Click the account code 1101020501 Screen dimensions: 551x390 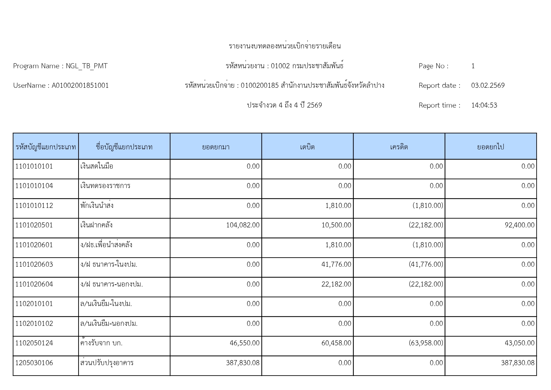coord(34,225)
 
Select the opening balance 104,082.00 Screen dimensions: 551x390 coord(243,225)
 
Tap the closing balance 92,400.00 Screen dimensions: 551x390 coord(519,225)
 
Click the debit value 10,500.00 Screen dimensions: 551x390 coord(336,225)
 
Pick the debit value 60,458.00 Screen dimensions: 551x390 coord(336,343)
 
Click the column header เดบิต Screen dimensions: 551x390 coord(307,147)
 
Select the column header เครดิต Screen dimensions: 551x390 coord(399,147)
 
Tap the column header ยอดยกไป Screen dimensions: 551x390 coord(490,147)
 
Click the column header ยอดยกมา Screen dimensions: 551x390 coord(216,147)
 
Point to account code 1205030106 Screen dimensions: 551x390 coord(34,363)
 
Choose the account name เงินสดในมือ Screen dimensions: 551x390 coord(97,166)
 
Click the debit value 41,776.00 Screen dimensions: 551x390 coord(336,265)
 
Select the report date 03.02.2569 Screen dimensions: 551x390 coord(488,86)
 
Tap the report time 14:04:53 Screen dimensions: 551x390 coord(484,105)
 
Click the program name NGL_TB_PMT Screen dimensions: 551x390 coord(87,66)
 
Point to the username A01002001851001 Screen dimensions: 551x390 coord(80,86)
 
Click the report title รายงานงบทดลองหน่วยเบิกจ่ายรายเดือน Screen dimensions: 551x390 coord(284,46)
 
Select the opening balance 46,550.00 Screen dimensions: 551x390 coord(245,343)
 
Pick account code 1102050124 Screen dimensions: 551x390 coord(34,343)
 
